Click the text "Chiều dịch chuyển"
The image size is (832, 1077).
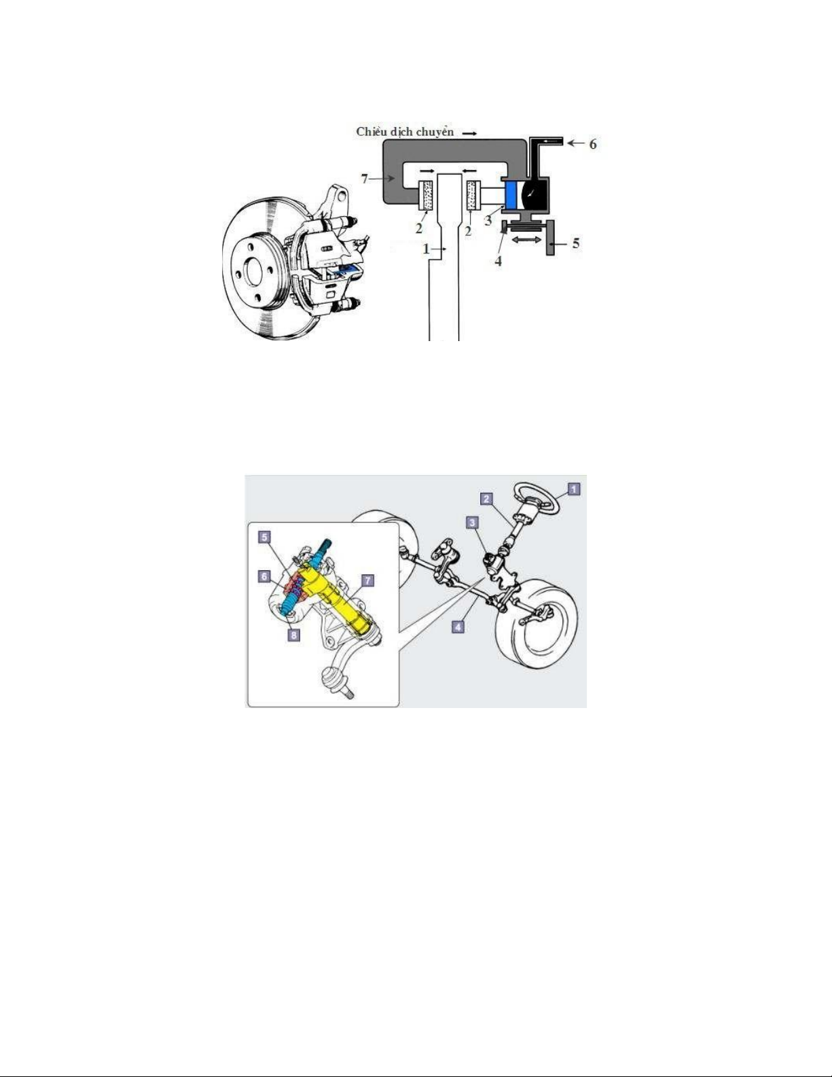[405, 132]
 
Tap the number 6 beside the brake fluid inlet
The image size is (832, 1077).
[593, 144]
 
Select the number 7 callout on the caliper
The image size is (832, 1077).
[365, 179]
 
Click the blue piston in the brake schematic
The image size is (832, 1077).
[511, 194]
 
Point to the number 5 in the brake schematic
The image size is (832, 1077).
[575, 243]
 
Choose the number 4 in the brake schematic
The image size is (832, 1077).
[499, 261]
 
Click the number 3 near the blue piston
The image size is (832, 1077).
[488, 221]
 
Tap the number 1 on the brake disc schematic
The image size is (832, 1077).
[426, 249]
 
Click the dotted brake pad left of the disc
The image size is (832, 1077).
[427, 195]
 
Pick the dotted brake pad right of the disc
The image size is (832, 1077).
[473, 195]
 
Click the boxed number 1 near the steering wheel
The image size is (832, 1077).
[573, 489]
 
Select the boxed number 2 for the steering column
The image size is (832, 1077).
[486, 499]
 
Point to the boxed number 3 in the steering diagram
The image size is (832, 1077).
[473, 523]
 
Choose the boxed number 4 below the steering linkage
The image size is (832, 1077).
[458, 627]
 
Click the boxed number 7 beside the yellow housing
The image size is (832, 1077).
[367, 580]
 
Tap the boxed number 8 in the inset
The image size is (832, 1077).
[293, 635]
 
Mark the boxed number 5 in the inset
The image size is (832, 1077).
[264, 537]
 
